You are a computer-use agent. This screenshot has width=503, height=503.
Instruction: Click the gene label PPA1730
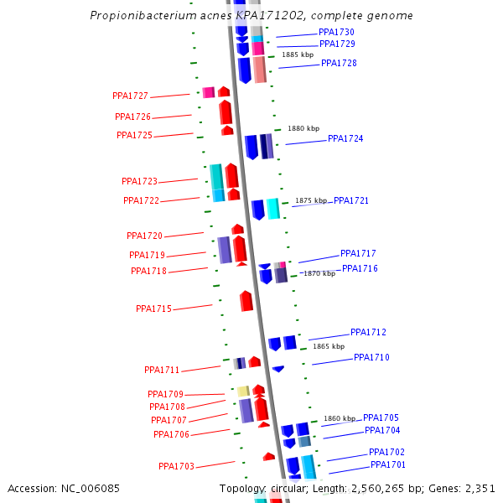pyautogui.click(x=336, y=33)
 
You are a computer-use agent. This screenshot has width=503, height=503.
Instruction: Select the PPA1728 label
pyautogui.click(x=339, y=64)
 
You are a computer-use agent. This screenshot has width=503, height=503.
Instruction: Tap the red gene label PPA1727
pyautogui.click(x=130, y=96)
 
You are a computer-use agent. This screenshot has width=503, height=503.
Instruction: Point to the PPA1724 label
pyautogui.click(x=345, y=139)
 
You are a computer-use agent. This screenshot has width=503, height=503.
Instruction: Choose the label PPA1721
pyautogui.click(x=351, y=201)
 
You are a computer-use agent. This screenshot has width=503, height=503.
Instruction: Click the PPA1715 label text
pyautogui.click(x=153, y=309)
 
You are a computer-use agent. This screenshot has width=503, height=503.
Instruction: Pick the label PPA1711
pyautogui.click(x=162, y=371)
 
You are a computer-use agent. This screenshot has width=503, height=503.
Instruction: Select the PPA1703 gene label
pyautogui.click(x=176, y=467)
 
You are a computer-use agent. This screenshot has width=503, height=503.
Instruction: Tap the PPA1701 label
pyautogui.click(x=388, y=465)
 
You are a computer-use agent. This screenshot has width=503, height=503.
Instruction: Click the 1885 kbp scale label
pyautogui.click(x=298, y=55)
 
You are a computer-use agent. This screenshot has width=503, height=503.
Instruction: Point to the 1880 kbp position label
pyautogui.click(x=303, y=129)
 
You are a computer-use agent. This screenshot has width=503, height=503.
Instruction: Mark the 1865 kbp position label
pyautogui.click(x=329, y=346)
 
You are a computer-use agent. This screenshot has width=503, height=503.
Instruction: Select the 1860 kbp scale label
pyautogui.click(x=340, y=419)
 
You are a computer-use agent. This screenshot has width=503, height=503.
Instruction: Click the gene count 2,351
pyautogui.click(x=480, y=489)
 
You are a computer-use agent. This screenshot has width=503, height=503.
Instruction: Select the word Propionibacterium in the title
pyautogui.click(x=138, y=16)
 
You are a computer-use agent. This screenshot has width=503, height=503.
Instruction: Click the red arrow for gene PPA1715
pyautogui.click(x=246, y=301)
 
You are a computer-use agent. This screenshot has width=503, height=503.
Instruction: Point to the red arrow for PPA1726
pyautogui.click(x=226, y=112)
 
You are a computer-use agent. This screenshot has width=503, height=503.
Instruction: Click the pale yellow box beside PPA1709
pyautogui.click(x=243, y=392)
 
